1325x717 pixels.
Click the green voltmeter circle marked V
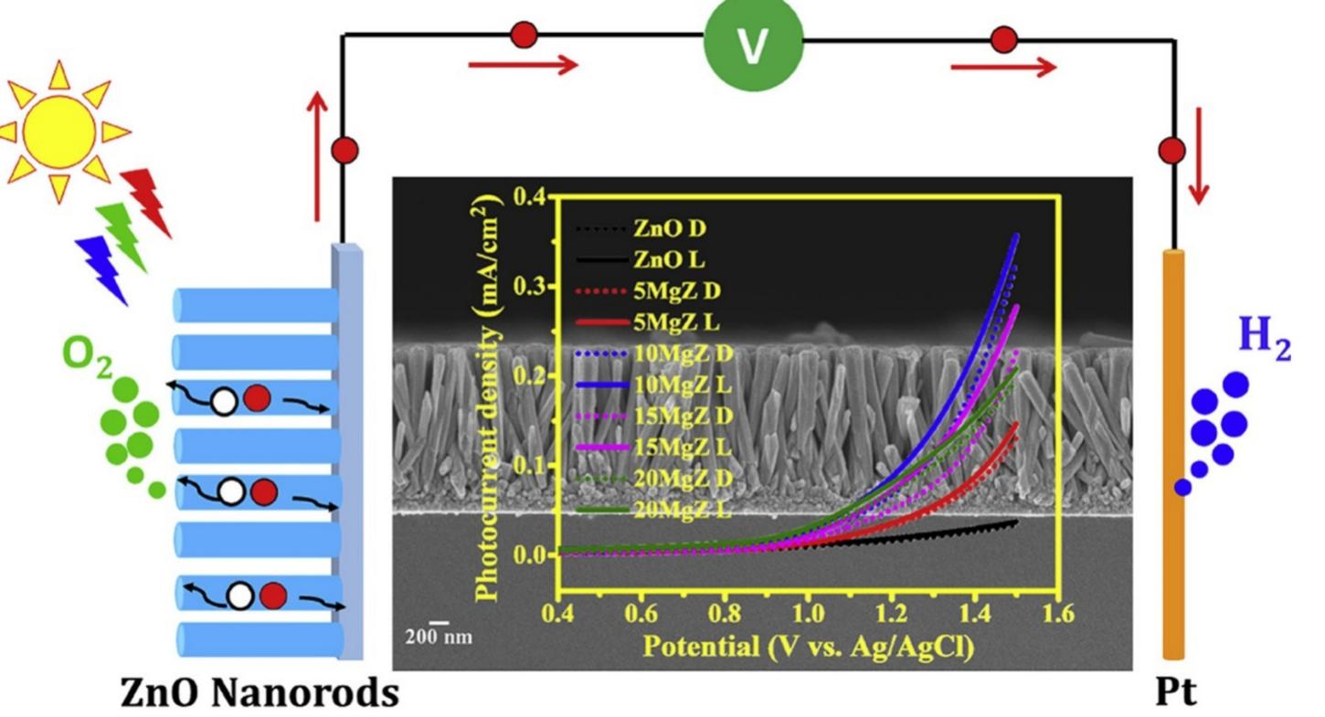coord(753,44)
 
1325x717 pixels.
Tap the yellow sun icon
coord(59,129)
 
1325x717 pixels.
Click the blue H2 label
coord(1264,336)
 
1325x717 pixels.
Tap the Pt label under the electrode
coord(1175,691)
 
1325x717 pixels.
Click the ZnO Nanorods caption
coord(260,693)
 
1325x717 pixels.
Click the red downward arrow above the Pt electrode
coord(1198,155)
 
